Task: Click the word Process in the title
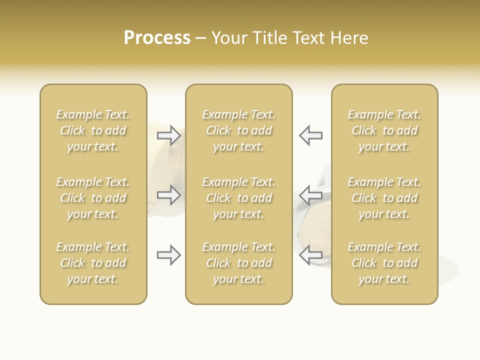tap(157, 38)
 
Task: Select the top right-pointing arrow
tap(168, 135)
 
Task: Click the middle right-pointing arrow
tap(168, 195)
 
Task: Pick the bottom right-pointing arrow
tap(168, 255)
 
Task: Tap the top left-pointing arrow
tap(310, 135)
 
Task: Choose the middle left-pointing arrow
tap(310, 195)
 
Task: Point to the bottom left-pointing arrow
tap(310, 255)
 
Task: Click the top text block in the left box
tap(93, 130)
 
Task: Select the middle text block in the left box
tap(93, 198)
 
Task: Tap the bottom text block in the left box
tap(93, 263)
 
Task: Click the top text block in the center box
tap(238, 130)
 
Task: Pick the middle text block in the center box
tap(238, 198)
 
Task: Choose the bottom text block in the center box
tap(238, 263)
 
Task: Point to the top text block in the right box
tap(384, 130)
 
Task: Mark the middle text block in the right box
tap(384, 198)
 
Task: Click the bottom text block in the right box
tap(384, 263)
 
